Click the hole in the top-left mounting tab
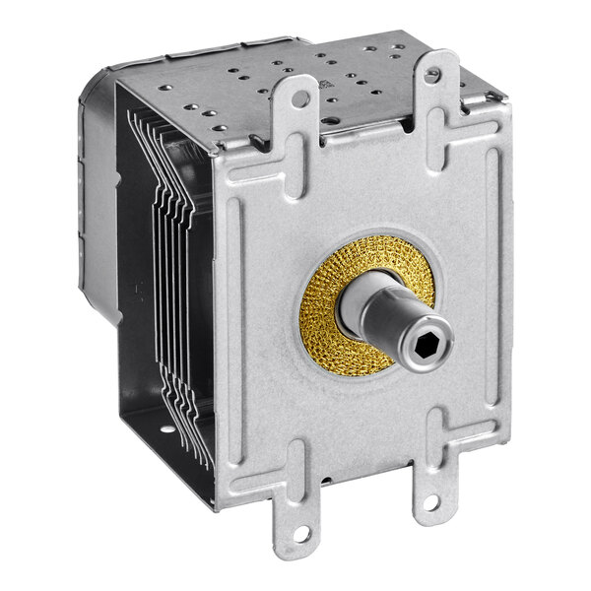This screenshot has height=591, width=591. [298, 98]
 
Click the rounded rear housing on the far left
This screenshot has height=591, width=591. [98, 197]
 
